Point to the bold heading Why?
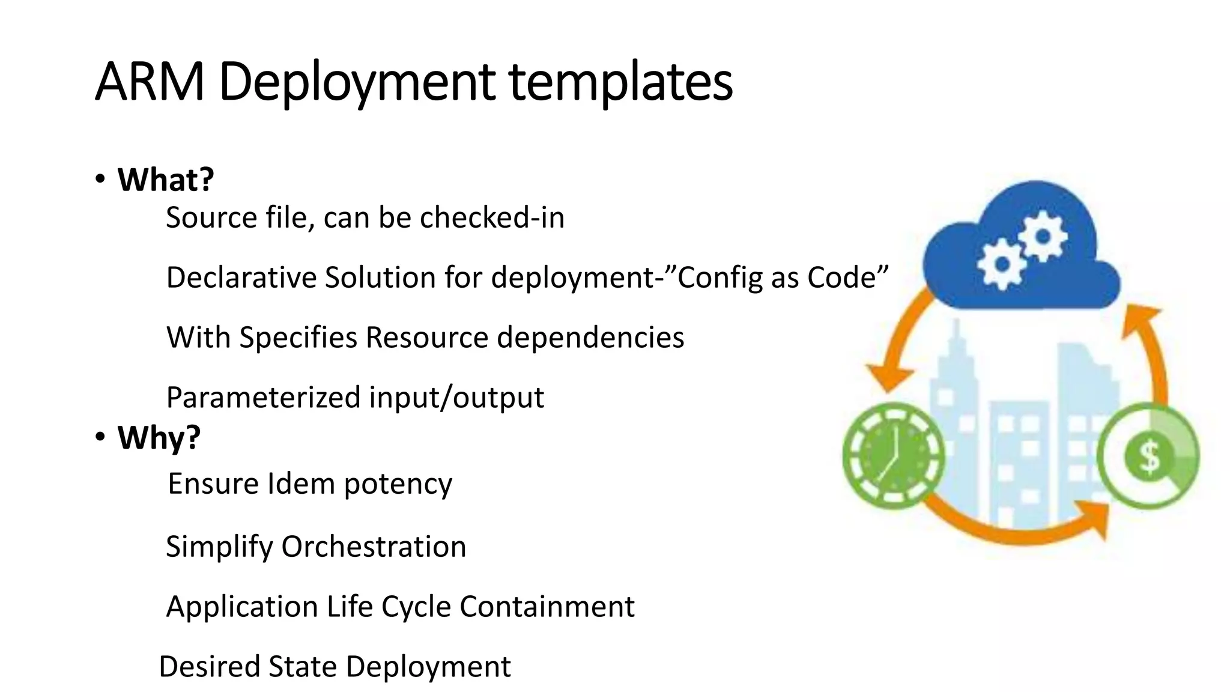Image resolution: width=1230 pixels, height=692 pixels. pos(159,437)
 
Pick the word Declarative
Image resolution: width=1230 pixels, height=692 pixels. pos(241,278)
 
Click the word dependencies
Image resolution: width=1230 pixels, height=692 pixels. pos(591,337)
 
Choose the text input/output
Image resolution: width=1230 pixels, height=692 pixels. pos(456,398)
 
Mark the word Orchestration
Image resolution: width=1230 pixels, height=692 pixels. pos(374,547)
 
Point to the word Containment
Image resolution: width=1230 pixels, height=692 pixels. pos(547,607)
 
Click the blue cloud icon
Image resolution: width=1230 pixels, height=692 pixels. pos(1021,252)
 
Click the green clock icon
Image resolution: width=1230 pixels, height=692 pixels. pos(893,455)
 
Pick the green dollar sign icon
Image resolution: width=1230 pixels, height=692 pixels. pos(1149,457)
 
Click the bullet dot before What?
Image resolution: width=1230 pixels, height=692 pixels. pos(100,179)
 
